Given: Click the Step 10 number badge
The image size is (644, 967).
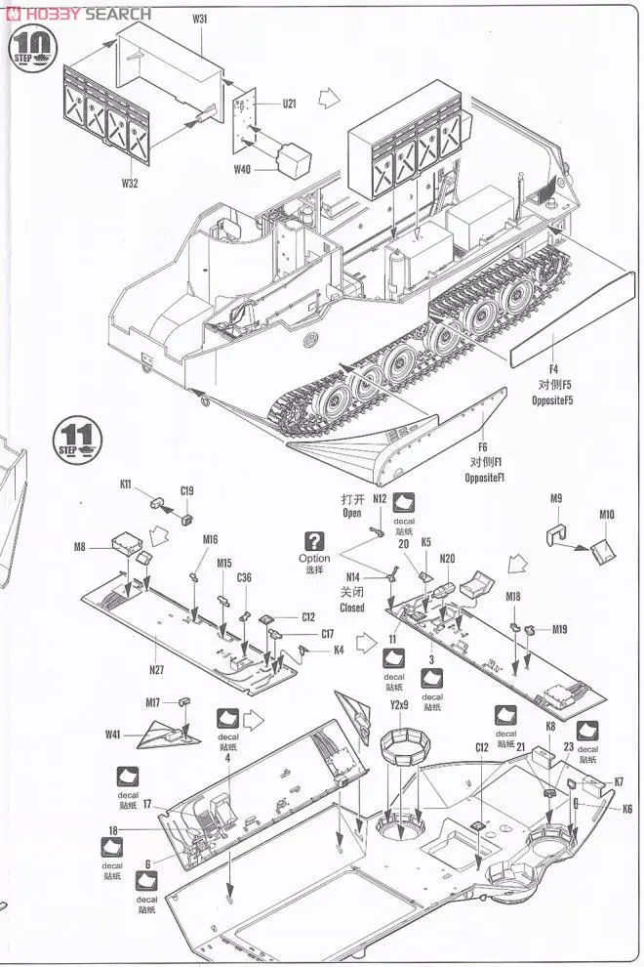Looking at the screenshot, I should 32,46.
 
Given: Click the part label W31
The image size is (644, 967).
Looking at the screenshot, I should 200,19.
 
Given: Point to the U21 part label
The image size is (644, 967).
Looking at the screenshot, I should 289,104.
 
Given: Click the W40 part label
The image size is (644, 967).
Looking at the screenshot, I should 242,169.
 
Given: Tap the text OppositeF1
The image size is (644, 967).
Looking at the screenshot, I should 484,477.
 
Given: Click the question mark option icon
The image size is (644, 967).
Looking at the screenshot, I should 314,540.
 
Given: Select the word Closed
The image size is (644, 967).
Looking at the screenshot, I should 352,607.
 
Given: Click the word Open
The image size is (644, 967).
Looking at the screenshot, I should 352,513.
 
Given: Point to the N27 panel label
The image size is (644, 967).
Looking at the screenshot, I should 157,670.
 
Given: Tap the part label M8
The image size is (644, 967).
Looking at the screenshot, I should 80,547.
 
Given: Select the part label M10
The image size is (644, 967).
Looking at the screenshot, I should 607,515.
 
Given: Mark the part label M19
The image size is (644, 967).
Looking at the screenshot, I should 559,629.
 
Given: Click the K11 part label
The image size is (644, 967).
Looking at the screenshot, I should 127,484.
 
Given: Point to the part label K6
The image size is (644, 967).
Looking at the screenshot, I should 626,809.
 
